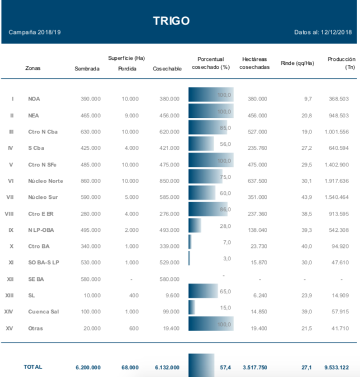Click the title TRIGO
point(172,21)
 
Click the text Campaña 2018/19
point(35,32)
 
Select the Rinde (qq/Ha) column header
point(297,63)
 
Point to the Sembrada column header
point(87,69)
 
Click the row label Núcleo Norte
point(46,181)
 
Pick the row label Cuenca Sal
point(44,312)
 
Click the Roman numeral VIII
point(10,214)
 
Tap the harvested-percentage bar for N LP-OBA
point(195,226)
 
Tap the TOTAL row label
point(32,367)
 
